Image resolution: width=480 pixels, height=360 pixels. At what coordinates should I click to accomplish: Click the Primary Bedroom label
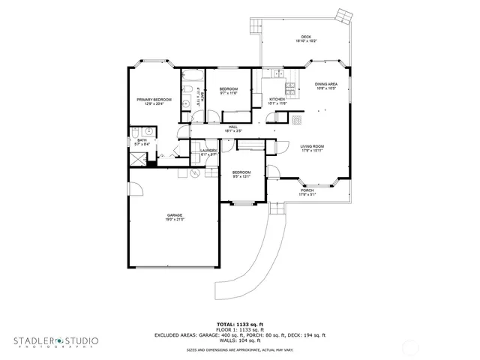click(154, 100)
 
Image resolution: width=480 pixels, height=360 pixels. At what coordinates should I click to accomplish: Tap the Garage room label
click(175, 215)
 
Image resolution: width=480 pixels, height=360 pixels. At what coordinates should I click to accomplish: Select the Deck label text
click(305, 37)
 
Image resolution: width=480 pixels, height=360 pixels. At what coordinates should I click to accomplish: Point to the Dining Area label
click(325, 84)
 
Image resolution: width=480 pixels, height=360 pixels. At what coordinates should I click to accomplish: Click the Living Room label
click(312, 146)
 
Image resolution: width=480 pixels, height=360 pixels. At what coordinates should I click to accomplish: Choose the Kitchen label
click(277, 99)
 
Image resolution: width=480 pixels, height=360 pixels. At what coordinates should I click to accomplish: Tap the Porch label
click(307, 190)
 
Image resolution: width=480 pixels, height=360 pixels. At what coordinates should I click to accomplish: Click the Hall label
click(234, 127)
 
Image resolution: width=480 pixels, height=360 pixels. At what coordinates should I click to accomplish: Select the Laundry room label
click(208, 151)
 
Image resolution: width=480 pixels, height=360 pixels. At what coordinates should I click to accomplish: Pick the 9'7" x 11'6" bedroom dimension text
click(229, 93)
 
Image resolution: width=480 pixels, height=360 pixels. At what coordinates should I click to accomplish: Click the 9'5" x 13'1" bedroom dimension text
click(241, 177)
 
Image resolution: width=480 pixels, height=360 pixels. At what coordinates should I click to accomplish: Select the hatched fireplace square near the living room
click(298, 119)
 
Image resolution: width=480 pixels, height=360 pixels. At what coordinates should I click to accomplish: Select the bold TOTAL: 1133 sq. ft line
click(239, 324)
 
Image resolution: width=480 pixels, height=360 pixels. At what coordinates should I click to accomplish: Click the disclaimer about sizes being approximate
click(239, 349)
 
